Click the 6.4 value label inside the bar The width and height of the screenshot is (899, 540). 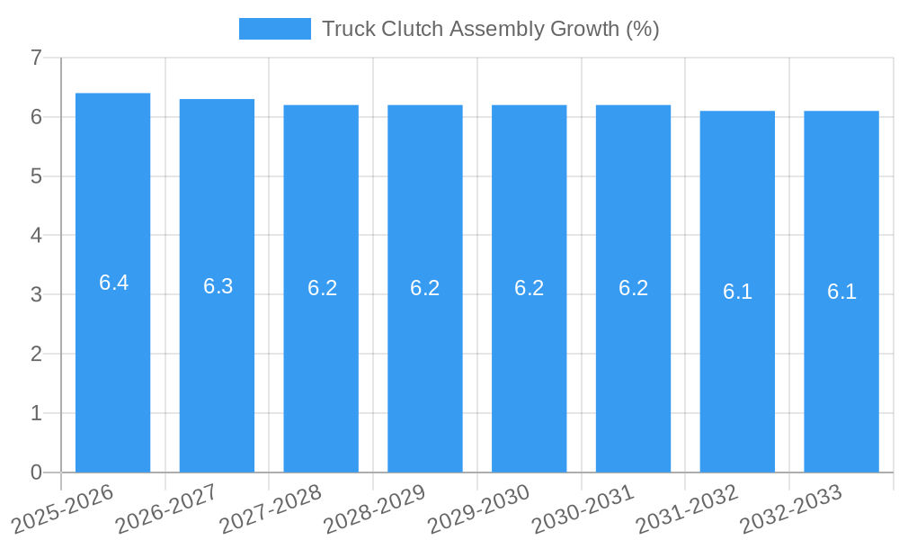click(x=113, y=283)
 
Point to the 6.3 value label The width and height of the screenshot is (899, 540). click(x=218, y=286)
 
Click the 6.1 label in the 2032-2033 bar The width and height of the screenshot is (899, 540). click(x=841, y=292)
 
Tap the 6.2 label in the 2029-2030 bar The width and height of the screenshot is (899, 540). click(x=530, y=288)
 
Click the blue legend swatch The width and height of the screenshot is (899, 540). click(x=274, y=29)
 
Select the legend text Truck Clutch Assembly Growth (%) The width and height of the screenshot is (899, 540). click(x=490, y=29)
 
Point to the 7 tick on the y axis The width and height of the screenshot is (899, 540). click(x=36, y=58)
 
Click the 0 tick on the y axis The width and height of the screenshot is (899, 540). click(x=36, y=472)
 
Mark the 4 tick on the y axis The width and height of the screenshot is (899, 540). click(x=36, y=236)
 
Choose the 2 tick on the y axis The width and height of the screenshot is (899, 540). click(x=36, y=354)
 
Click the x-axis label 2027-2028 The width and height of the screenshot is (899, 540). click(x=271, y=508)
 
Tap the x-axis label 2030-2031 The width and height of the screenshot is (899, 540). click(x=583, y=508)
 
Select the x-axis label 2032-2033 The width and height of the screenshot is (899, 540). click(x=790, y=508)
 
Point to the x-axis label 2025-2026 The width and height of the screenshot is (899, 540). click(x=62, y=508)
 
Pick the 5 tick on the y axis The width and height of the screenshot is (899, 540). click(x=36, y=176)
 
